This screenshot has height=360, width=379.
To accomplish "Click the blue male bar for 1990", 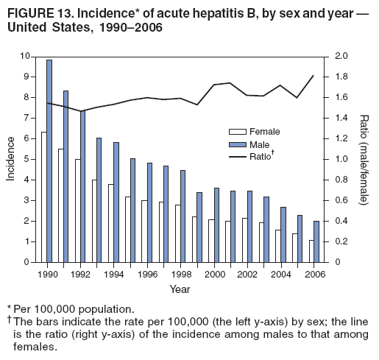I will coord(49,160).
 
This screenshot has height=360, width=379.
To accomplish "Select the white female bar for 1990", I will coord(43,197).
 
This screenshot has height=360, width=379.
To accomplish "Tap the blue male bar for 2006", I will coord(316,241).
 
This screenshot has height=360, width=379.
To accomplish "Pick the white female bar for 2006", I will coord(311,250).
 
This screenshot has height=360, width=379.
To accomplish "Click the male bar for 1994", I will coord(116,202).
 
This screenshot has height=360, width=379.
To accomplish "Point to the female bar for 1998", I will coord(177,233).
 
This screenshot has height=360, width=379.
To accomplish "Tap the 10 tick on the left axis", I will coord(26,57).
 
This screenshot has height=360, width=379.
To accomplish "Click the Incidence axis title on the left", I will coord(10,159).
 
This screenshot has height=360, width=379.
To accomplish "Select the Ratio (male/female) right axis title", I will coord(364,159).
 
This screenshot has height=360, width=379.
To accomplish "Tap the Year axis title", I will coord(180,289).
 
